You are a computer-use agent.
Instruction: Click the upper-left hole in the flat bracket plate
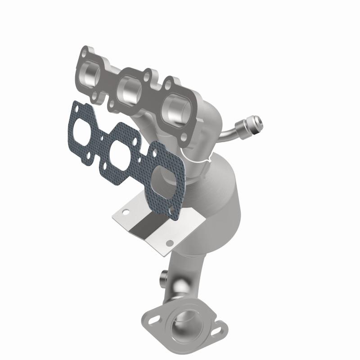click(127, 211)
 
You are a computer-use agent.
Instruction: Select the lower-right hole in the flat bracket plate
click(169, 243)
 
